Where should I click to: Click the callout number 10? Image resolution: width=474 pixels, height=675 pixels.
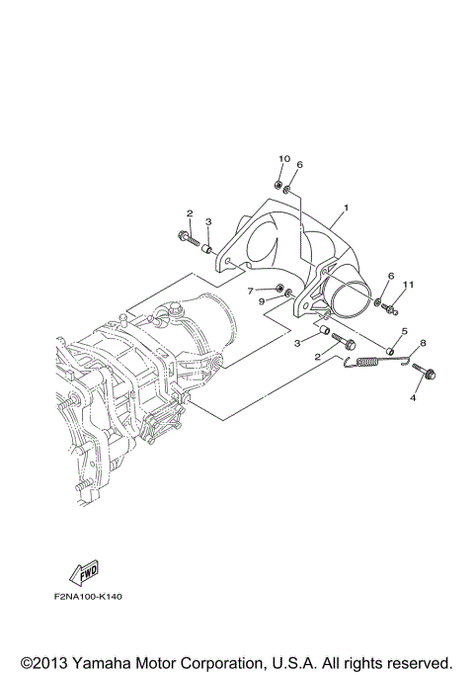coord(284,159)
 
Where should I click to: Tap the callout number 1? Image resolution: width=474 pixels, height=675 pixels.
coord(346,209)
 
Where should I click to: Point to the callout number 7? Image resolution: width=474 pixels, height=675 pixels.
coord(251,290)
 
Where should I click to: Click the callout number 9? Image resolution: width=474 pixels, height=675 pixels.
coord(263,301)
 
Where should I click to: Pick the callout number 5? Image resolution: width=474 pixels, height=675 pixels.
coord(403,332)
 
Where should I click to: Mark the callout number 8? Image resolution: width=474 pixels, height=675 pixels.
coord(423,343)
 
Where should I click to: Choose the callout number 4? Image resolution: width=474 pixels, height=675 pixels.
coord(415,398)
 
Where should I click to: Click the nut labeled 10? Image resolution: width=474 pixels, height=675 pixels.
coord(280,184)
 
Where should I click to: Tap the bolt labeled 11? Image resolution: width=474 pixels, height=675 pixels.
coord(392,308)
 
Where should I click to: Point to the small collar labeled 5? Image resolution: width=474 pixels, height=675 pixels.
coord(391,350)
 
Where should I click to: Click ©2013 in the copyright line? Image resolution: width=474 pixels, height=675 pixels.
coord(45,661)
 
